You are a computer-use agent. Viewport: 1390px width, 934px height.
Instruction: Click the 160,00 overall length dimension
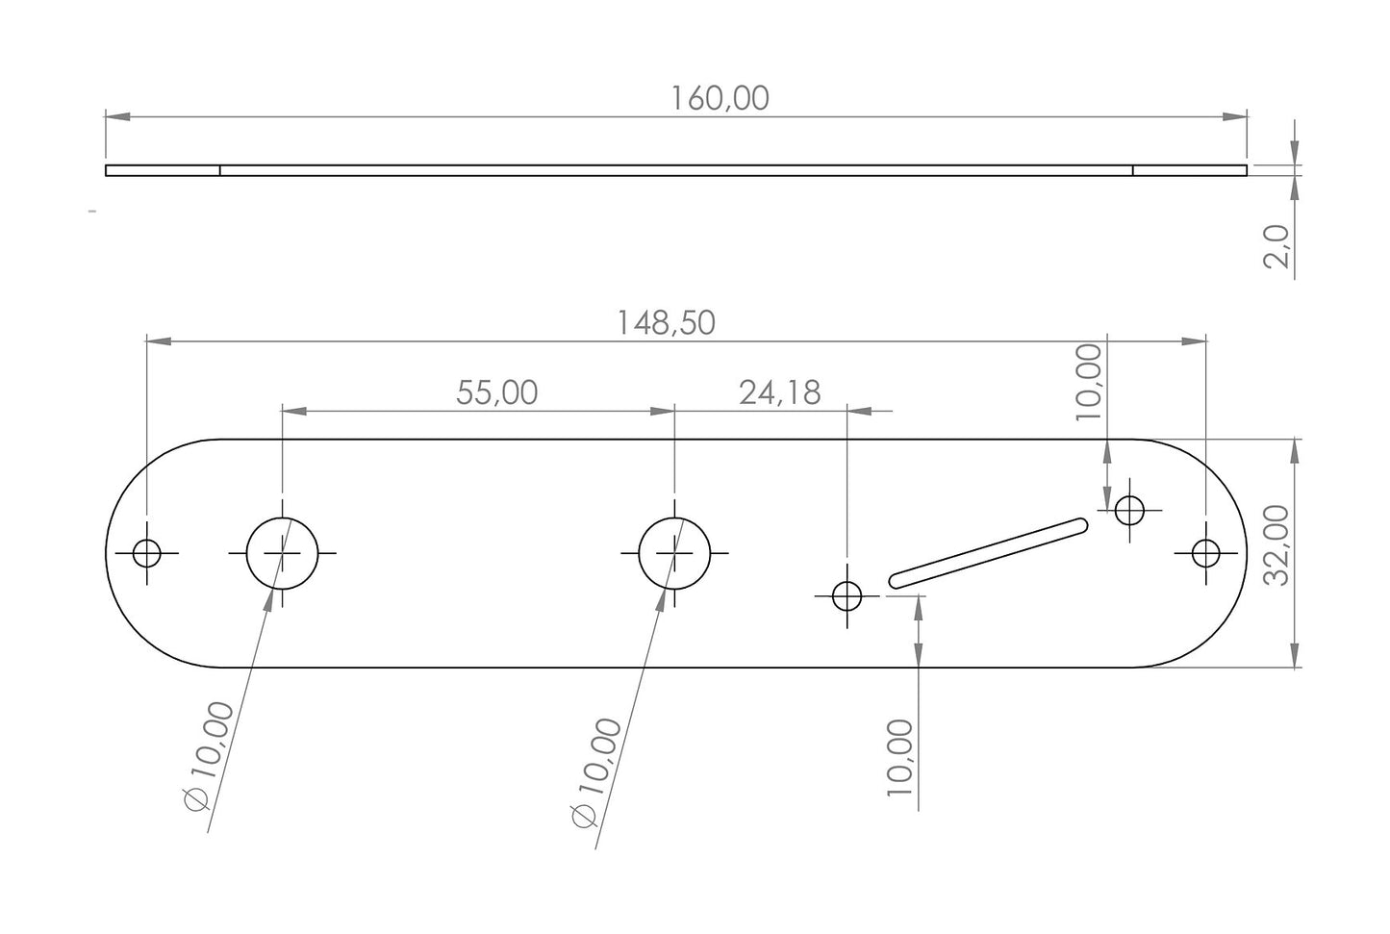click(x=720, y=98)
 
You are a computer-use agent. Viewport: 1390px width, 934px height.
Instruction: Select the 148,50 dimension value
click(x=666, y=323)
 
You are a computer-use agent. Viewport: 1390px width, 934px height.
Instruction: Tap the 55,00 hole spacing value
click(x=496, y=392)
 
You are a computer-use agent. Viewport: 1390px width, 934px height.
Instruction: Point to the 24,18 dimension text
click(x=779, y=392)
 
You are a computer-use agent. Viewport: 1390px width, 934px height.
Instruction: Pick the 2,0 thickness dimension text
click(x=1276, y=247)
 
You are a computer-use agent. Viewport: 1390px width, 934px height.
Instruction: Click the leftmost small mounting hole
click(x=147, y=553)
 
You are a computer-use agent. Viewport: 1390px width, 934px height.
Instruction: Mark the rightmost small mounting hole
click(x=1205, y=553)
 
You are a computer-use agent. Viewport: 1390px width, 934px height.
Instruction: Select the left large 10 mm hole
click(x=282, y=553)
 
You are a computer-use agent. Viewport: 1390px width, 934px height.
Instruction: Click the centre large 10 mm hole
click(x=674, y=553)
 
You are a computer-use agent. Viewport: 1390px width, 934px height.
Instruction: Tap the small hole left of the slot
click(x=847, y=596)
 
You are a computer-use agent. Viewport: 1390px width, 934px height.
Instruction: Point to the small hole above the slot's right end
click(x=1129, y=509)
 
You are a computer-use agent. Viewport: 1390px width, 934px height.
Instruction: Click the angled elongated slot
click(x=988, y=552)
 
